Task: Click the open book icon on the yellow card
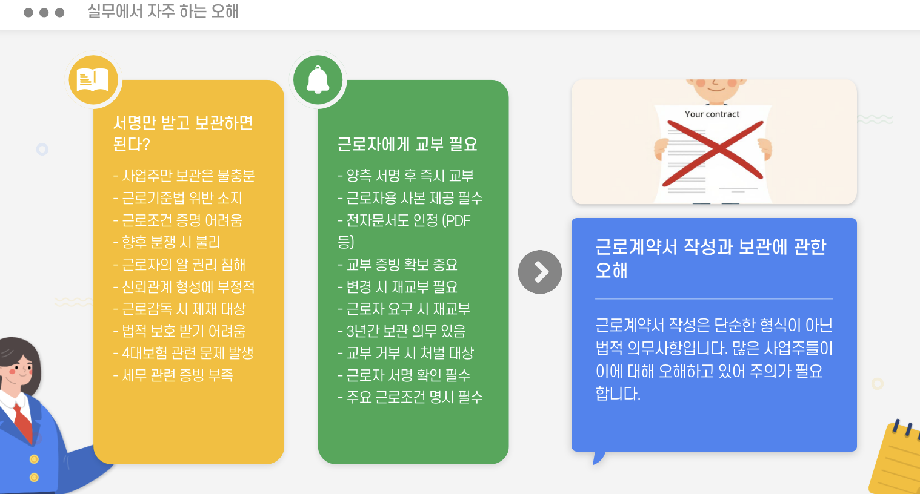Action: tap(93, 79)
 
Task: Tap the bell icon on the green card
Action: tap(318, 79)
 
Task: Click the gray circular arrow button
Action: tap(540, 272)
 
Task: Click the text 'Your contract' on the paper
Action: tap(712, 114)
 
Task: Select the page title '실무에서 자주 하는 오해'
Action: tap(163, 12)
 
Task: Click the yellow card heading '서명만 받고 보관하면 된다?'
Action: tap(182, 133)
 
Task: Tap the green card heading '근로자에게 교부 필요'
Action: tap(407, 144)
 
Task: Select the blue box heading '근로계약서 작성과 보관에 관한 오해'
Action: tap(710, 258)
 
